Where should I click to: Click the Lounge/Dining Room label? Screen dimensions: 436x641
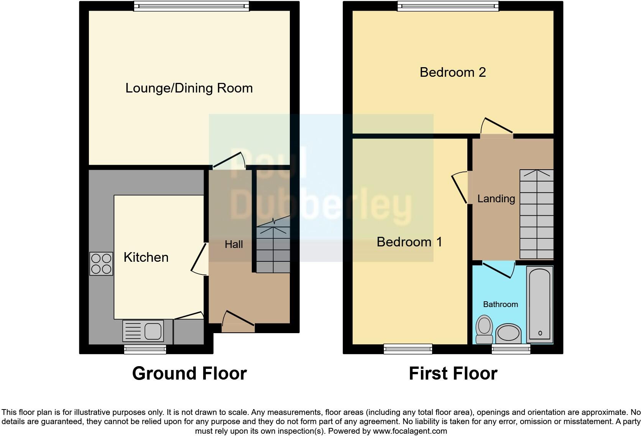coord(189,88)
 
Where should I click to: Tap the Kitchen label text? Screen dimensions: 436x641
coord(146,257)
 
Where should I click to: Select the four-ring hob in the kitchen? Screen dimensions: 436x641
coord(101,264)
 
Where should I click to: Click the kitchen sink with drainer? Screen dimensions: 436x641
coord(143,330)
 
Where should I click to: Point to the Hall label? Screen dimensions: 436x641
coord(234,244)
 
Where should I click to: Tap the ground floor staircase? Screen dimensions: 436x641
coord(273,249)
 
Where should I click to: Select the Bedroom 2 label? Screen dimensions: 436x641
coord(453,72)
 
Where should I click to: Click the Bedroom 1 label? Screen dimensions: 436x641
coord(409,242)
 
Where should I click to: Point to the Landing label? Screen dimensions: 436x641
coord(496,199)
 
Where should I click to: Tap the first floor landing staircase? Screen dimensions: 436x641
coord(536,214)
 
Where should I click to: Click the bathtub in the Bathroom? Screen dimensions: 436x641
coord(540,304)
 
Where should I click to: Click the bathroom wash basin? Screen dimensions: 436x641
coord(508,333)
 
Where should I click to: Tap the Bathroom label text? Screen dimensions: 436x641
coord(500,304)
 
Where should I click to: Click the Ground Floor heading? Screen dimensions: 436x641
coord(189,373)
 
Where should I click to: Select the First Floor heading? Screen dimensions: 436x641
coord(453,373)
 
